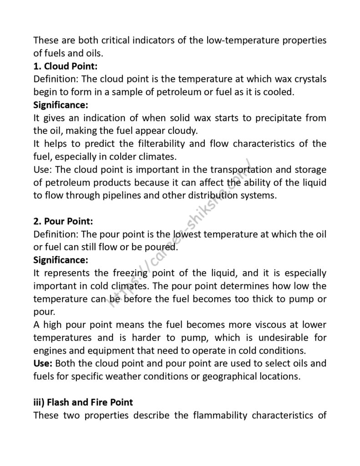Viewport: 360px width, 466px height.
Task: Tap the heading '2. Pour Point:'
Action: [x=63, y=222]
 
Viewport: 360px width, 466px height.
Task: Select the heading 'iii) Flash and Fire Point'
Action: [x=83, y=402]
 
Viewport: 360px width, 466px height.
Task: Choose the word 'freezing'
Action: [x=135, y=274]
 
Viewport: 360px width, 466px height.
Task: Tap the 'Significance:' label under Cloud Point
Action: [x=61, y=105]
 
